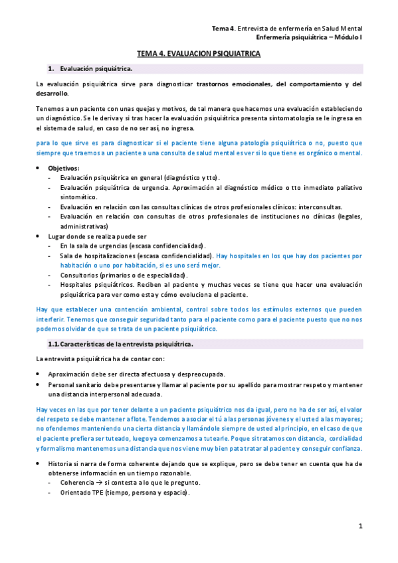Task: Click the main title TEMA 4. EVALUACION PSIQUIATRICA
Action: pos(199,54)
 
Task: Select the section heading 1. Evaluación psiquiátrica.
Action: pos(96,69)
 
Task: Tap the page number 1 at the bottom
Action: pos(359,526)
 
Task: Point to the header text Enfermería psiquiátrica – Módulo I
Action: pos(309,38)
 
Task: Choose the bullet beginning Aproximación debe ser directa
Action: pos(136,374)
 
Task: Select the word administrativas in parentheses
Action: pos(86,226)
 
